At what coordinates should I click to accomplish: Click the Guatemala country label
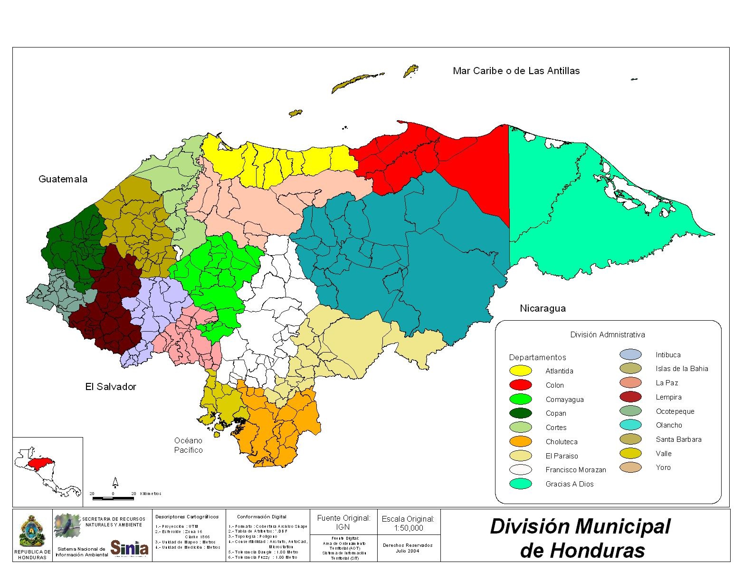coord(63,179)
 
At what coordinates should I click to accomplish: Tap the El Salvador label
coord(111,387)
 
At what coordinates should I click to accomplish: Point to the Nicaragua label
coord(543,308)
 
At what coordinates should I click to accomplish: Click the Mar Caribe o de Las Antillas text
coord(516,71)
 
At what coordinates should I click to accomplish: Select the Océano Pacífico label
coord(188,445)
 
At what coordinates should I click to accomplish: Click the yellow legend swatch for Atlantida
coord(520,371)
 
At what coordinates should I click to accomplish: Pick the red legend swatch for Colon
coord(520,385)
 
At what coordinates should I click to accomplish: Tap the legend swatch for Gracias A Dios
coord(520,484)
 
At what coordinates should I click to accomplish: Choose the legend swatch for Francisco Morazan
coord(520,470)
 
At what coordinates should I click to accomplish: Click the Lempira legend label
coord(668,397)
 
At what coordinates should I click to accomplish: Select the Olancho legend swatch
coord(630,425)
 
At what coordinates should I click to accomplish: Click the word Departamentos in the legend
coord(537,357)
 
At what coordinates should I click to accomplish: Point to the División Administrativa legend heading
coord(607,334)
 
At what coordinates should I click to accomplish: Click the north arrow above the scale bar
coord(115,483)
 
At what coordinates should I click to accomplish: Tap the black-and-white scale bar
coord(113,498)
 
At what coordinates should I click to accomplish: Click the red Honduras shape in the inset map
coord(39,463)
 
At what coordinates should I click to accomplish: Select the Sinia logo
coord(129,548)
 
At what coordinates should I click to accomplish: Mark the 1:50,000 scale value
coord(408,528)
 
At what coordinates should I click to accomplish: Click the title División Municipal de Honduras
coord(581,538)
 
